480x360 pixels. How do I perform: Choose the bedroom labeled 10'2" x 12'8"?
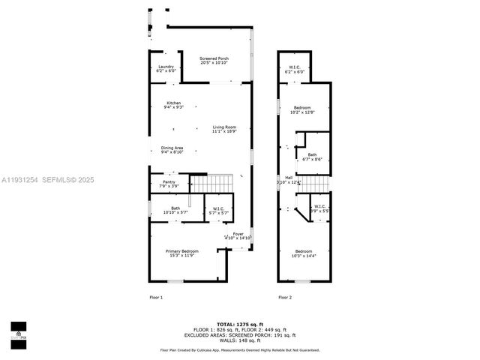pos(304,109)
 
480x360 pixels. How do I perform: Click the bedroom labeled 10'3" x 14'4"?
pos(303,253)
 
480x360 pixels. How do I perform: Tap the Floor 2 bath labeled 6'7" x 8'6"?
pos(312,157)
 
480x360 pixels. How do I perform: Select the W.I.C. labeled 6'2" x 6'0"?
pos(295,70)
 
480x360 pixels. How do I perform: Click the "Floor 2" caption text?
pos(285,298)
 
